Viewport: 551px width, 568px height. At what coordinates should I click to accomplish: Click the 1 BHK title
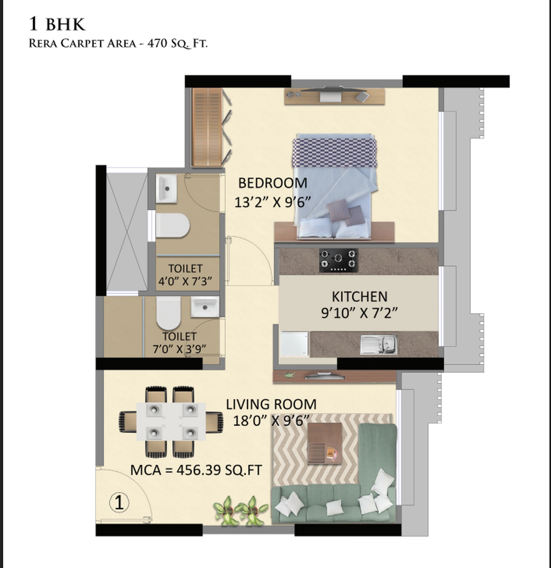57,24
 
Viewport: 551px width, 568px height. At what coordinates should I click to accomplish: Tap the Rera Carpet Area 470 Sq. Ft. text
118,44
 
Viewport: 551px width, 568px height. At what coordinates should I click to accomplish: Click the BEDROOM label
272,183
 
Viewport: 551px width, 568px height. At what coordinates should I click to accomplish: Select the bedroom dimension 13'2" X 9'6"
272,202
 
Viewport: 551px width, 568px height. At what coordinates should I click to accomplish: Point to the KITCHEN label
359,297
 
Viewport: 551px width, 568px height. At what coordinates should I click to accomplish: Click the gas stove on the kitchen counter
338,260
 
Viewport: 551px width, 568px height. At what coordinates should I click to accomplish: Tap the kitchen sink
379,344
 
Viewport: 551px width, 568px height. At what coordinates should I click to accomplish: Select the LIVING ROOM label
271,404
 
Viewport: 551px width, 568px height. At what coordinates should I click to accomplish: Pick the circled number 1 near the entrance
119,503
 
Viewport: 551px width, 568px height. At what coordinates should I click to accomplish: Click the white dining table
171,421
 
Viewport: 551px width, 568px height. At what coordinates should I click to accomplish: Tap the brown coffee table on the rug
325,443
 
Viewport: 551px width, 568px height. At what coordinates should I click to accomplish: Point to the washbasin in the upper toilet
166,188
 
